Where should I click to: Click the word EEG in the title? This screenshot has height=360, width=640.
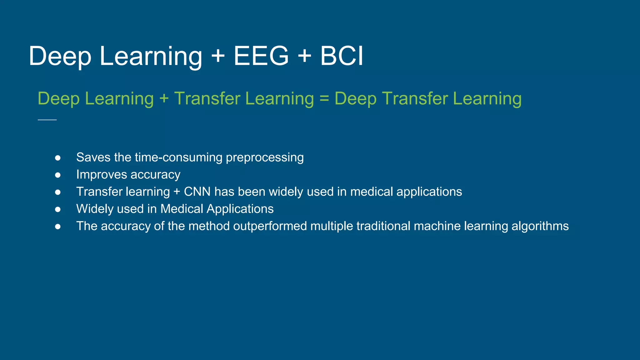261,56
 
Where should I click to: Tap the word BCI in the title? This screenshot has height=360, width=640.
342,56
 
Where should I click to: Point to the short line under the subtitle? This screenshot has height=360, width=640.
47,120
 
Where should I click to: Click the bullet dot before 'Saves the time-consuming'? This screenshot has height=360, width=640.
58,158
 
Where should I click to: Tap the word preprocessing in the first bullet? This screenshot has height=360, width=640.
264,158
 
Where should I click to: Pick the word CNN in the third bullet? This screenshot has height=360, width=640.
197,192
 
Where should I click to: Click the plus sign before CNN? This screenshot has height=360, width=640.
177,192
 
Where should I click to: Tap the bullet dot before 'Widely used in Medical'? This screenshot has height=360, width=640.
58,209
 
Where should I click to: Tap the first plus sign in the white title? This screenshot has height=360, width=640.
218,56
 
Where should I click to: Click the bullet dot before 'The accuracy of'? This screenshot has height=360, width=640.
58,227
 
